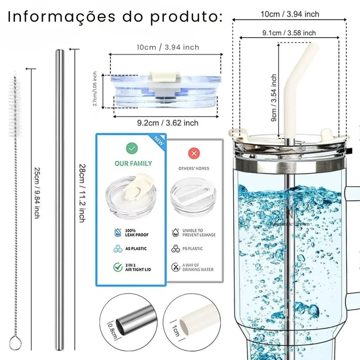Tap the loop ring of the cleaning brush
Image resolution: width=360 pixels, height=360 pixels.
15,343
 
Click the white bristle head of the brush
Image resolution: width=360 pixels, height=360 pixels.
15,105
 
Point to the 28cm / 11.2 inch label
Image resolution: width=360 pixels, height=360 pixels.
81,193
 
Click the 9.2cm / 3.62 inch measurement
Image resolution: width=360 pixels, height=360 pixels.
167,123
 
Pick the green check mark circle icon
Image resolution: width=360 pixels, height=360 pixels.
132,149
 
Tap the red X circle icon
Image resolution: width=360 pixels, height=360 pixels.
194,153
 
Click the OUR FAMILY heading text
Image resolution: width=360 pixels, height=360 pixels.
133,163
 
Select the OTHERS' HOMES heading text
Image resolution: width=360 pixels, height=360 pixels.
194,168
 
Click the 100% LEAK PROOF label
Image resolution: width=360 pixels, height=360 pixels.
137,232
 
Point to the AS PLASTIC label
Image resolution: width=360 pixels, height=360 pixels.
136,249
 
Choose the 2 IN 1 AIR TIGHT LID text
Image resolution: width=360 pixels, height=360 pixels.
138,267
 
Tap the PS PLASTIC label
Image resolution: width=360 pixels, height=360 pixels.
192,249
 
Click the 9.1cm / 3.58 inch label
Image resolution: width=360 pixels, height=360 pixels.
289,33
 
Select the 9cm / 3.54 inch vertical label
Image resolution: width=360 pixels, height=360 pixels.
274,98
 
